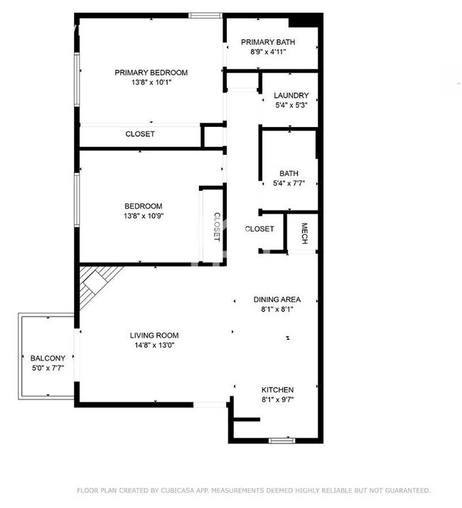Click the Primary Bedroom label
[x=151, y=72]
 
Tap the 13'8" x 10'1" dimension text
[x=151, y=82]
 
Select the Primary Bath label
[x=268, y=42]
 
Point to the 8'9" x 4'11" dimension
[x=268, y=52]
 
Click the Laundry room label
[x=291, y=95]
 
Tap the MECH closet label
[x=303, y=233]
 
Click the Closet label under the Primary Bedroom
[x=140, y=134]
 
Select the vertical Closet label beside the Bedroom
[x=217, y=227]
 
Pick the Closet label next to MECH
[x=259, y=229]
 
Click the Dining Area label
[x=277, y=299]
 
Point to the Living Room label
[x=154, y=336]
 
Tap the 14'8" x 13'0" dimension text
[x=154, y=346]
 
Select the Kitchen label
[x=277, y=390]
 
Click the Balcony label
[x=47, y=358]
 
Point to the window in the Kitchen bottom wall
[x=281, y=441]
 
